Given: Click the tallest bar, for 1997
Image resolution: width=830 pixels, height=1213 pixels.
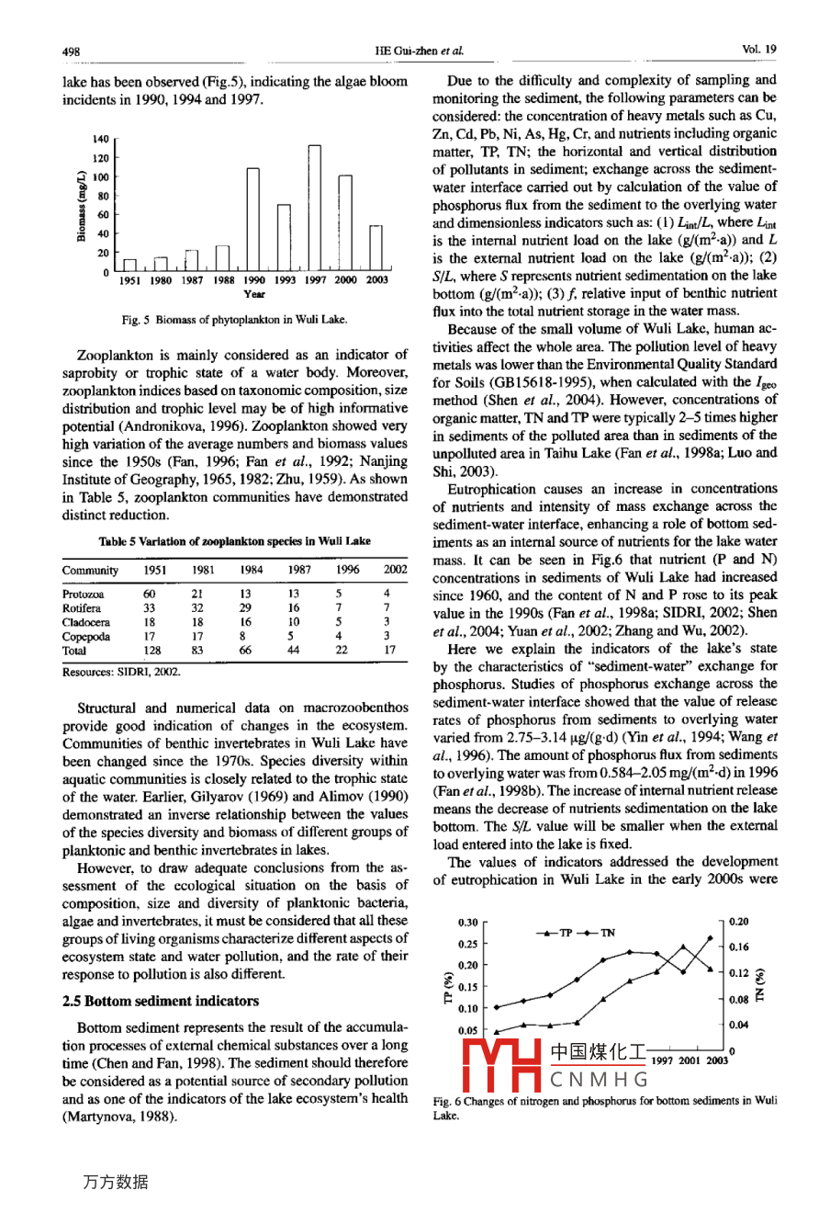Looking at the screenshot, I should pos(314,207).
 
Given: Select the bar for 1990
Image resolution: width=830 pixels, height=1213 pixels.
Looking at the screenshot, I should pos(253,219).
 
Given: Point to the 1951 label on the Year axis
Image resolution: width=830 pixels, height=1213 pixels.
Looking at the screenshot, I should pos(130,280).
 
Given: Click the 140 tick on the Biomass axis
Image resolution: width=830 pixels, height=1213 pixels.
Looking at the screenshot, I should pos(101,140).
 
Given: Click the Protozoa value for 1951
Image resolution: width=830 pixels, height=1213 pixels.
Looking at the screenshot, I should pos(150,594).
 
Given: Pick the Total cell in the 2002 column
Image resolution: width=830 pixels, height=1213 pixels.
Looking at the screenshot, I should pos(389,650).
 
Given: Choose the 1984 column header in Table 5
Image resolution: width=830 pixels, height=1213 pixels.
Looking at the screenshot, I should pos(252,570).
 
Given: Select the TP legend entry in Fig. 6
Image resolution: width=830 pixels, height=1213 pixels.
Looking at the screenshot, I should pos(556,933).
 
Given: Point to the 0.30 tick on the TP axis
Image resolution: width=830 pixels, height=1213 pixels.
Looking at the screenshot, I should pos(467,922).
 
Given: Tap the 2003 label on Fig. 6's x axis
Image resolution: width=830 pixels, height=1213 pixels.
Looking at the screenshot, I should pos(717,1060).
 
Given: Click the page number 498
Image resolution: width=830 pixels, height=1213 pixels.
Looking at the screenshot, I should pos(72,51).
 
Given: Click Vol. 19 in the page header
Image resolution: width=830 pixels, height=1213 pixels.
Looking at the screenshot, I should pos(758,50).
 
